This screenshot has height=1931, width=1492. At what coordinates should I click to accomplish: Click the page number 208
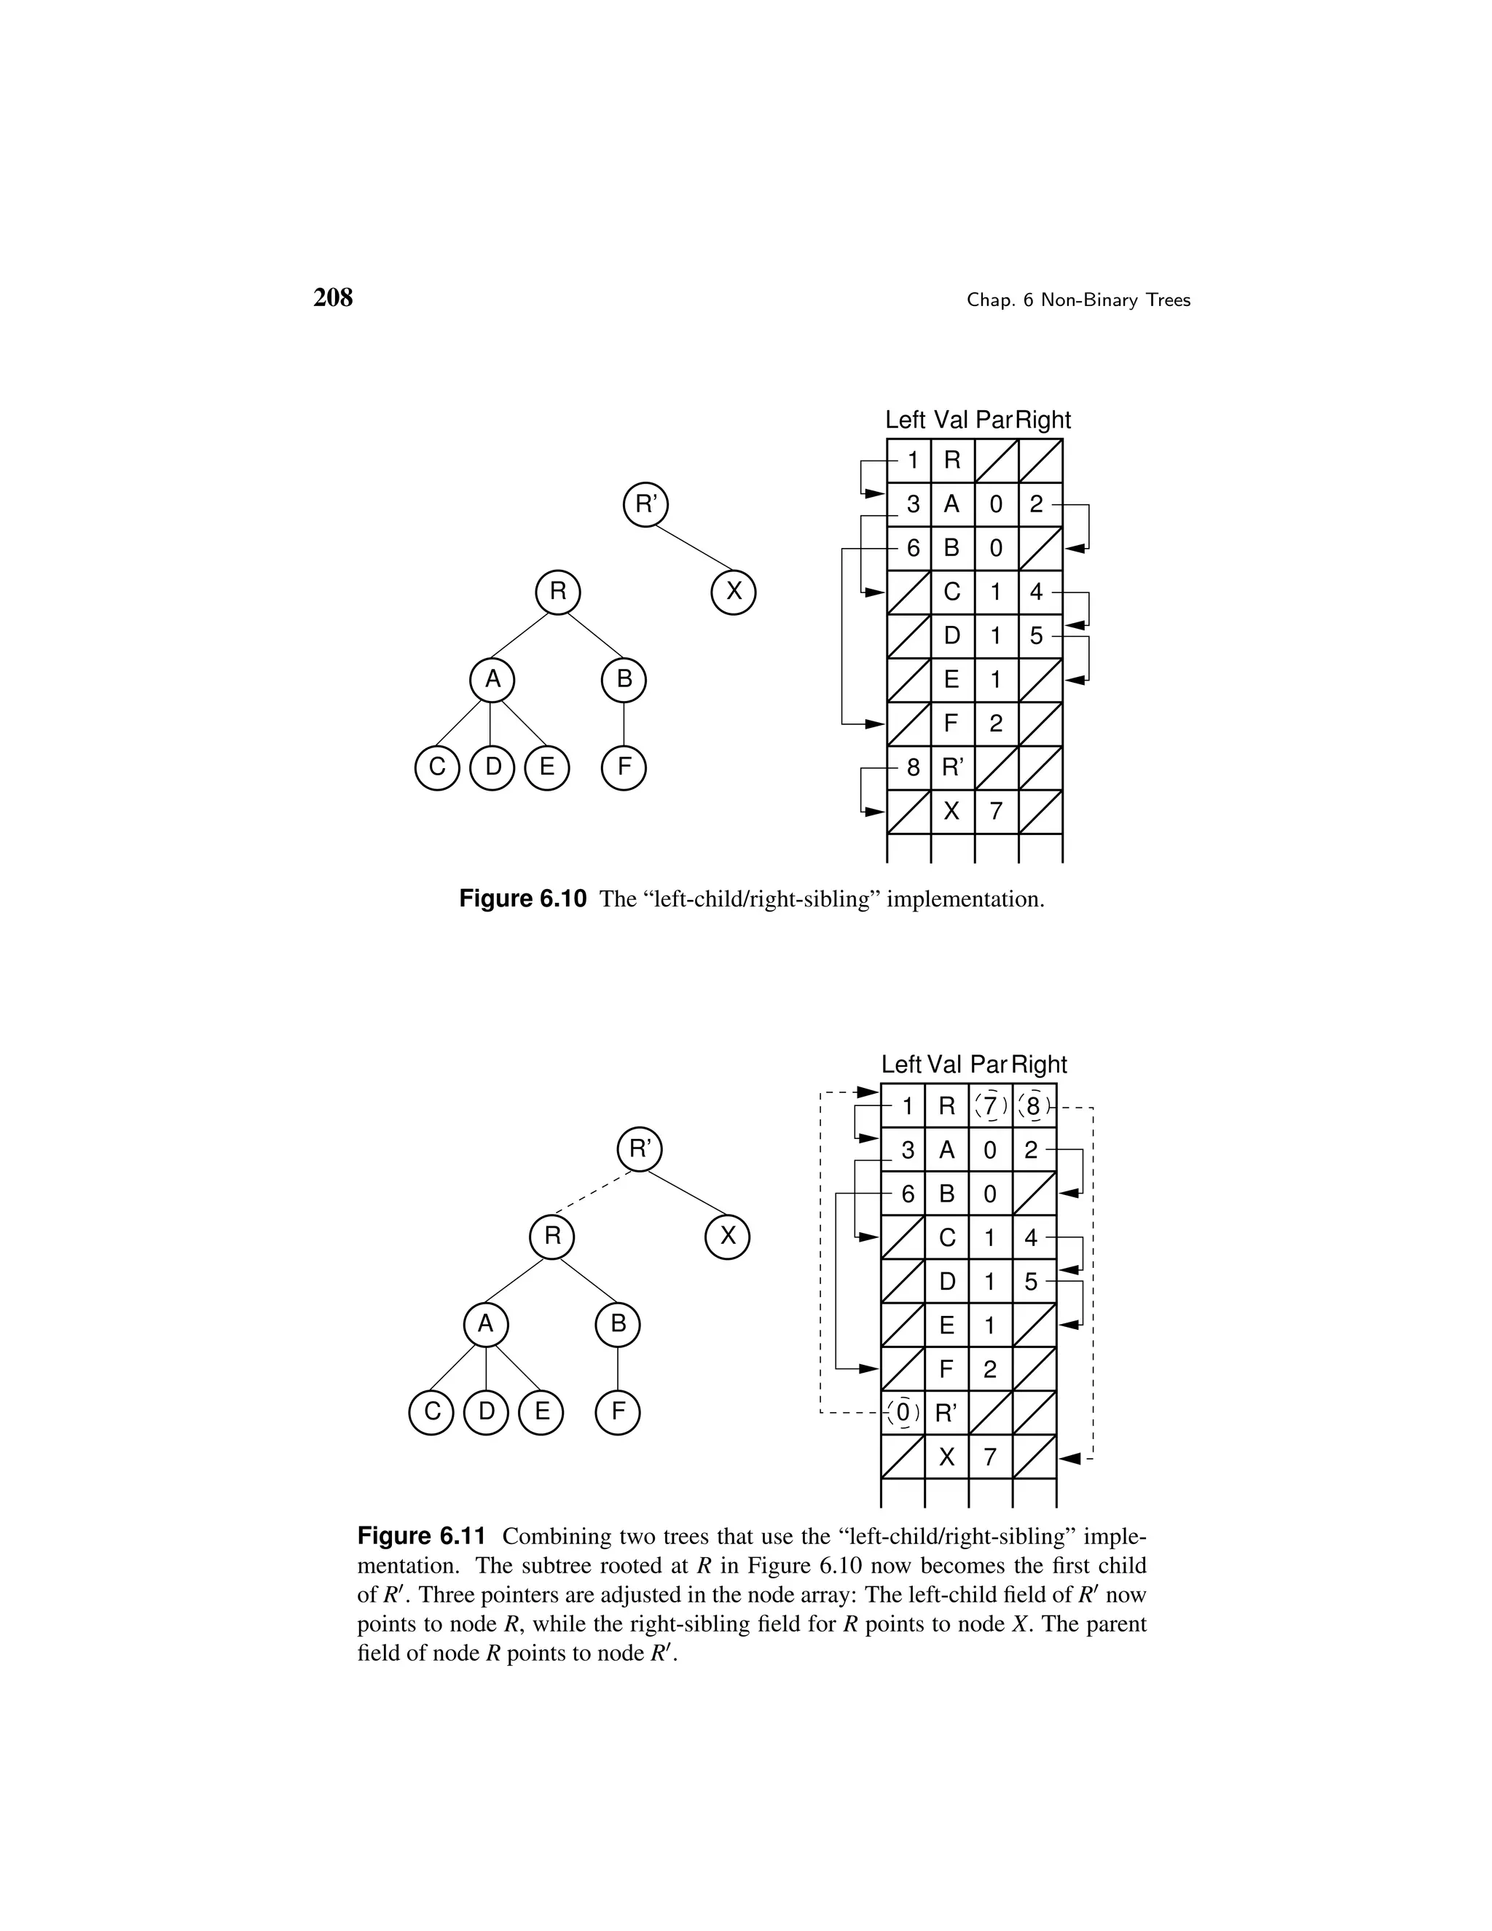[333, 298]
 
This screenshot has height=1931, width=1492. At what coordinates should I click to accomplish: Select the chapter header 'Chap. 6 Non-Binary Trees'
[1078, 301]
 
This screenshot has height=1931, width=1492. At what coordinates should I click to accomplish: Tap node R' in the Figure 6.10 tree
[646, 505]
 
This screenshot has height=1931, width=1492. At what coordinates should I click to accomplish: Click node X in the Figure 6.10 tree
[734, 592]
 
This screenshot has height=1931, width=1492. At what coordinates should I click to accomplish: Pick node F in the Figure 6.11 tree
[618, 1412]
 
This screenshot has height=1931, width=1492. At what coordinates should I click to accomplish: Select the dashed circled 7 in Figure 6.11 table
[990, 1106]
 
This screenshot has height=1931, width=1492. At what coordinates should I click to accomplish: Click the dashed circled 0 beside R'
[903, 1413]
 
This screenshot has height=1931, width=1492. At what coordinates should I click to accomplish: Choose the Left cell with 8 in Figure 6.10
[911, 767]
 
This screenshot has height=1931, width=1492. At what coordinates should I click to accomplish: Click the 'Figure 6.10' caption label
[522, 900]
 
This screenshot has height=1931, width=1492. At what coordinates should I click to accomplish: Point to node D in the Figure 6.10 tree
[492, 767]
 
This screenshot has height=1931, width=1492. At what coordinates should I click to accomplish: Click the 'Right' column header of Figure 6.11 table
[1040, 1065]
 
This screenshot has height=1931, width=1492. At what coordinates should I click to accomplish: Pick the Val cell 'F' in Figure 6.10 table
[952, 724]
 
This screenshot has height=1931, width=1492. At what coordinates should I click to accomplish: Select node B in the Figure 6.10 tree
[624, 680]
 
